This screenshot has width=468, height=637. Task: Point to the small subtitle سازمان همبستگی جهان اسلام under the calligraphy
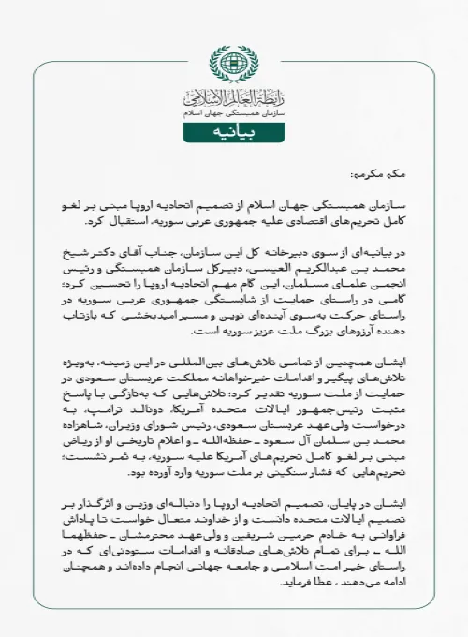click(233, 110)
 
